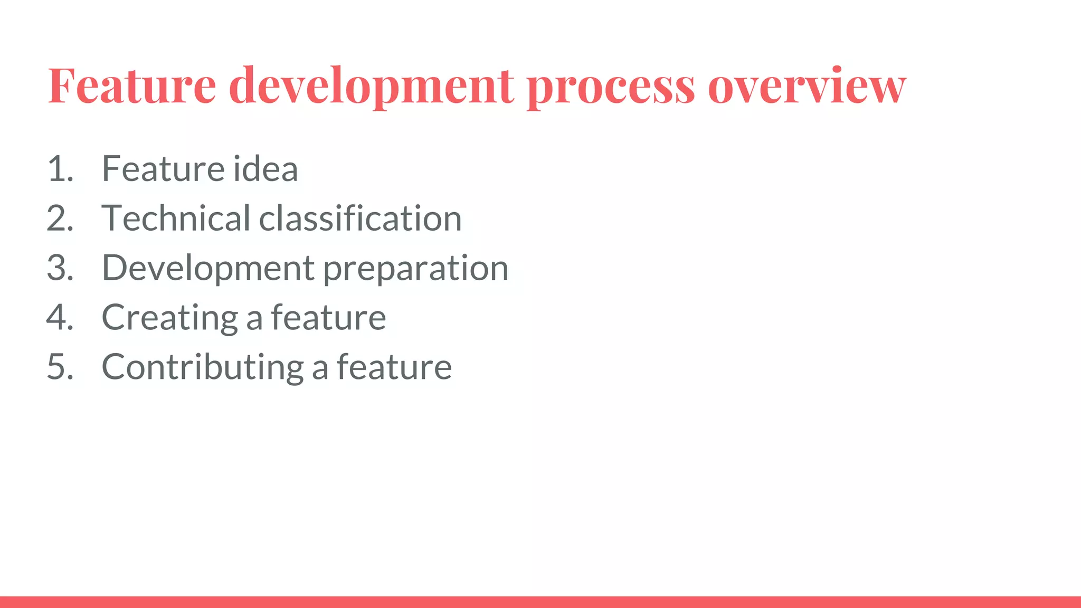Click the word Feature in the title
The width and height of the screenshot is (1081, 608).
132,85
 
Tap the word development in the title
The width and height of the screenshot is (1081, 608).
372,85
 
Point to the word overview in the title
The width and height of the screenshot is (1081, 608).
807,86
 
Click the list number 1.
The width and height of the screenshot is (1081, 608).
60,169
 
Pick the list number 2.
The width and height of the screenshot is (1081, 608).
60,218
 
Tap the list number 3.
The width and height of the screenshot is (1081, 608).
60,268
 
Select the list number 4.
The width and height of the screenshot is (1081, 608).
60,317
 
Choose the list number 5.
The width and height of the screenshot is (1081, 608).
60,367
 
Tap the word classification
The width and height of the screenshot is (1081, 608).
361,218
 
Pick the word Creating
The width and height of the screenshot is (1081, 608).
170,318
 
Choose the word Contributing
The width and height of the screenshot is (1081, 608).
203,368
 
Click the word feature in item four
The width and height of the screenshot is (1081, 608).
328,317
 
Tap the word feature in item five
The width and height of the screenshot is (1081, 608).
394,367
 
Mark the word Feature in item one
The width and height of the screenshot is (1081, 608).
164,169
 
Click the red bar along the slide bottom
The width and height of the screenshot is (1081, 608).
540,602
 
